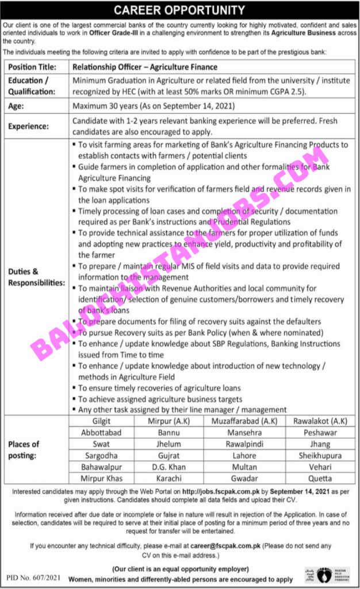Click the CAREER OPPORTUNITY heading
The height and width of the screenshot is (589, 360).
point(180,10)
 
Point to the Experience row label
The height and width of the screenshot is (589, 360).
point(29,127)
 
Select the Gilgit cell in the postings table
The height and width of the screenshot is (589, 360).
point(101,422)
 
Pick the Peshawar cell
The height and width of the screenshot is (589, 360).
point(319,433)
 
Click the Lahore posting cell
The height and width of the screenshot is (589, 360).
point(245,456)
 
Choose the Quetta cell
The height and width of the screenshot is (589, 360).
point(319,478)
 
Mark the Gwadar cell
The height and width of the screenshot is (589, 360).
point(245,478)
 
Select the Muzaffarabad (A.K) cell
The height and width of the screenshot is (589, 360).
point(245,422)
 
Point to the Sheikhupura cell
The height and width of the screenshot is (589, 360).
point(319,456)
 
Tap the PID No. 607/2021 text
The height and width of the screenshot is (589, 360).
point(33,577)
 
